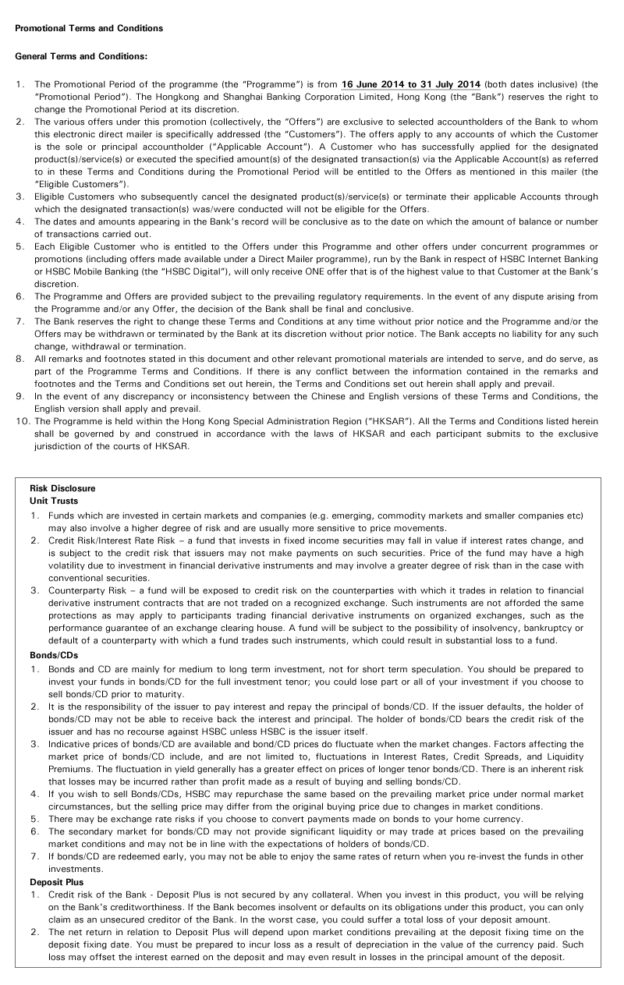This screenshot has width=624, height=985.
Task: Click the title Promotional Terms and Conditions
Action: (x=89, y=28)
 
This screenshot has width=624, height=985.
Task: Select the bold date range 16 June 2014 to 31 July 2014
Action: (x=411, y=83)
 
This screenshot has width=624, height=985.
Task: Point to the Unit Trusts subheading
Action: (x=53, y=501)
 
